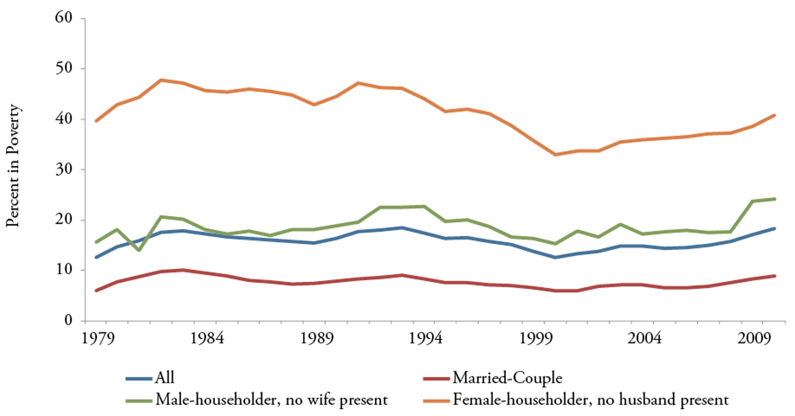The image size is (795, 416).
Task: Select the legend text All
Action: (164, 378)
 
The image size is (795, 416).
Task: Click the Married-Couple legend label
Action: (508, 378)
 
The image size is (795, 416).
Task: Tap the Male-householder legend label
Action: (271, 399)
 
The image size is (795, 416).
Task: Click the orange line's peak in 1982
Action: (162, 80)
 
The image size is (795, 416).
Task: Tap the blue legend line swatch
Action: (138, 379)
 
